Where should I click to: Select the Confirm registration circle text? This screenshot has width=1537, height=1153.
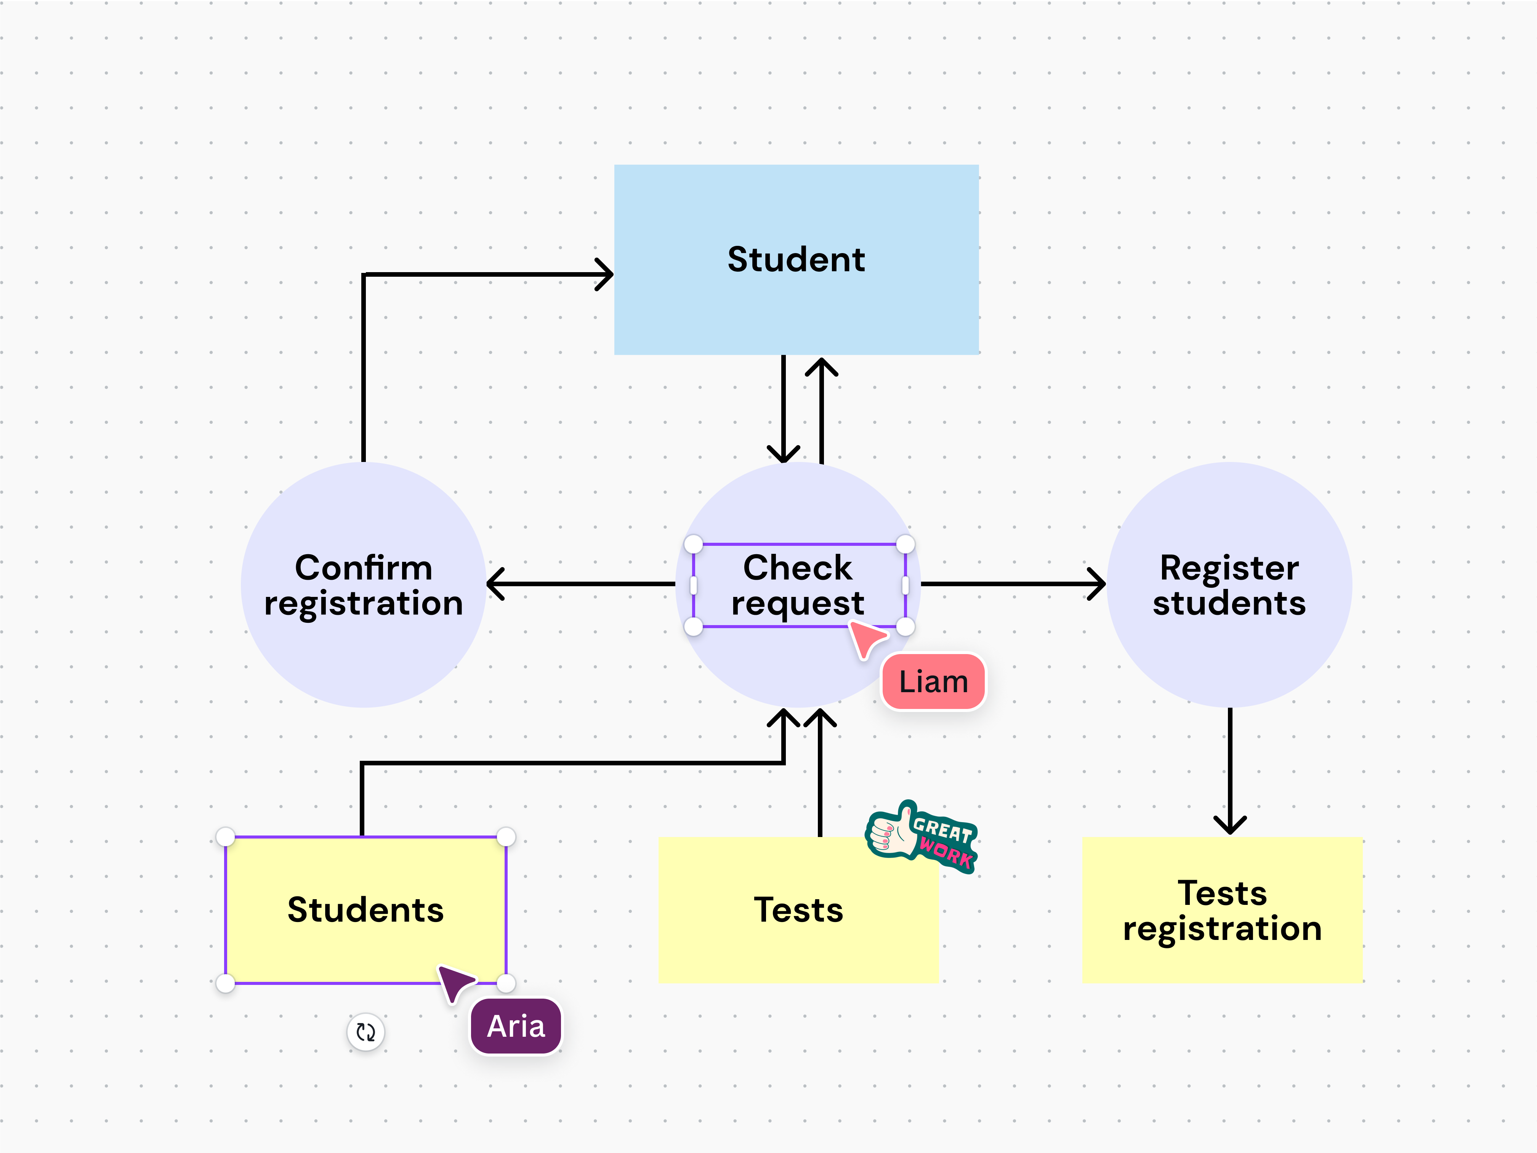(364, 585)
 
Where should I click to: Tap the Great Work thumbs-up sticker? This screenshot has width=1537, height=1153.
(922, 837)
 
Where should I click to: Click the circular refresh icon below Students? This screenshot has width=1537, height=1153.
(365, 1032)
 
